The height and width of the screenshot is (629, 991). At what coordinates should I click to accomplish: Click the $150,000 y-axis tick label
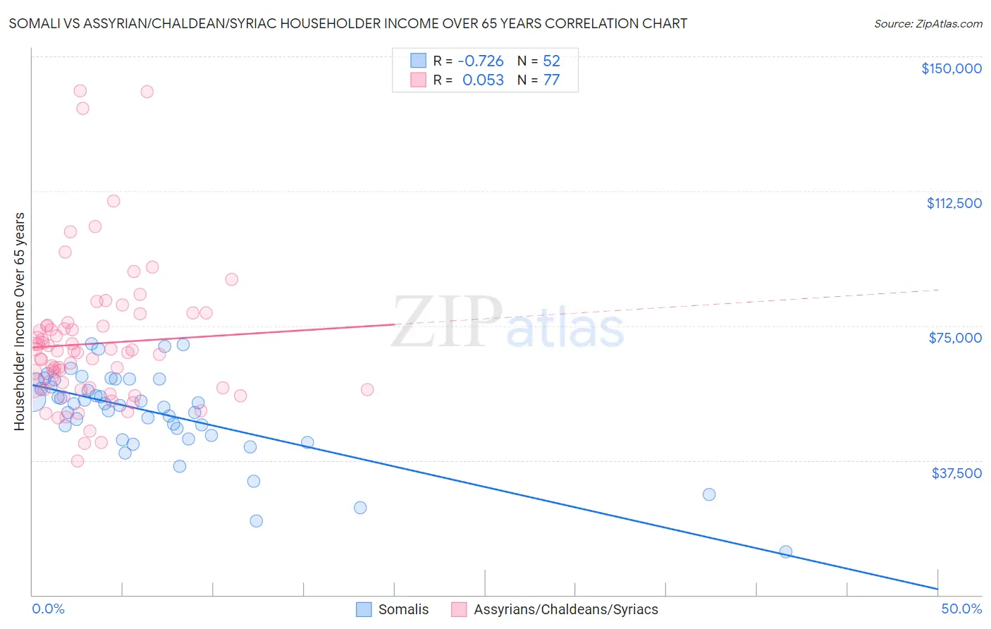[x=951, y=68]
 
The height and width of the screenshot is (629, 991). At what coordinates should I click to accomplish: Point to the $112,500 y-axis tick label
[x=954, y=203]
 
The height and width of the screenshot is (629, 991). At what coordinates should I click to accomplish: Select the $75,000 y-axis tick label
[x=955, y=338]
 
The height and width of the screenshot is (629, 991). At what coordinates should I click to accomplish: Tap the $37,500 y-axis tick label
[x=956, y=473]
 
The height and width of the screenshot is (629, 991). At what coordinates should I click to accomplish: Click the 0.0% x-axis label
[x=48, y=609]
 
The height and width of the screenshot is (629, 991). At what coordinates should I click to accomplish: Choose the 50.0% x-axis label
[x=961, y=609]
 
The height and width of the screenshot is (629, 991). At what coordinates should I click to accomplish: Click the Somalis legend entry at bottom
[x=403, y=609]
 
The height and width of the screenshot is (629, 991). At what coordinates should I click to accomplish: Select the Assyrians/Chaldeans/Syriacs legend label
[x=565, y=609]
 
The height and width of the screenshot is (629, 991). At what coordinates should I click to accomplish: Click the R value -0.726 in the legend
[x=481, y=61]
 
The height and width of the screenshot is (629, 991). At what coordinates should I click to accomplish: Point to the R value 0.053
[x=483, y=80]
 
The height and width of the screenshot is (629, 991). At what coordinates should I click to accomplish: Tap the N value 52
[x=551, y=61]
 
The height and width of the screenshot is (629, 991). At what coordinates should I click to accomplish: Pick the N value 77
[x=551, y=80]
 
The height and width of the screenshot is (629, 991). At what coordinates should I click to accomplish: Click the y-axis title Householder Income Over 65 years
[x=20, y=321]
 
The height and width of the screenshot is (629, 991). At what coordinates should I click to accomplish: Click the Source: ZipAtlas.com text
[x=928, y=23]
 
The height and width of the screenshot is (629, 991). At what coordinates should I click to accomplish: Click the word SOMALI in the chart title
[x=33, y=23]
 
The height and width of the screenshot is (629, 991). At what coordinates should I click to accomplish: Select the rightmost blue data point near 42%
[x=786, y=551]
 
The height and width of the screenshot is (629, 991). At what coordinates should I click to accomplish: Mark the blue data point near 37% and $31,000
[x=709, y=494]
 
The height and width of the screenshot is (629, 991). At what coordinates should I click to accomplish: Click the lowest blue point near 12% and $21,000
[x=257, y=521]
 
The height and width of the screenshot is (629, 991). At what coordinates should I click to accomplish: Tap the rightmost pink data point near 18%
[x=367, y=389]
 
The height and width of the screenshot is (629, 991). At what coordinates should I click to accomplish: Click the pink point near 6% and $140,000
[x=147, y=92]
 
